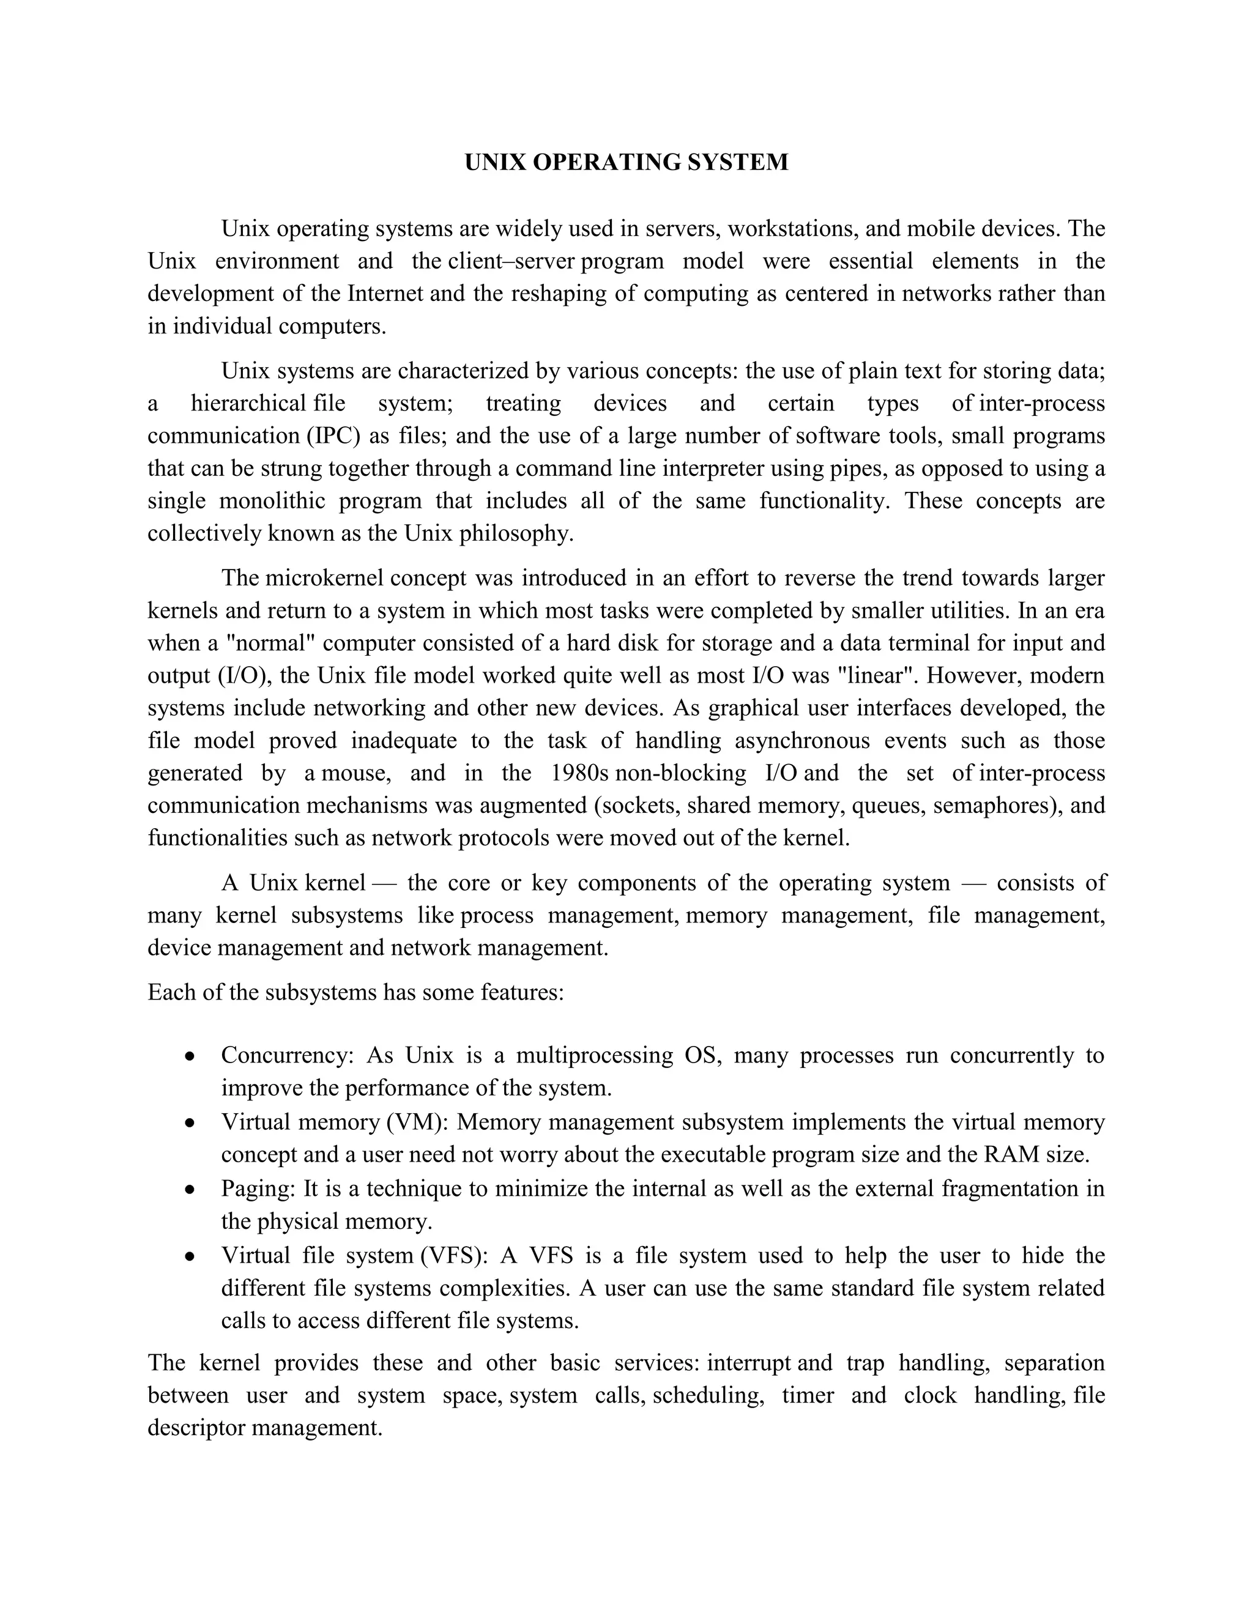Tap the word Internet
pos(385,293)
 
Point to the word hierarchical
pos(248,403)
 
